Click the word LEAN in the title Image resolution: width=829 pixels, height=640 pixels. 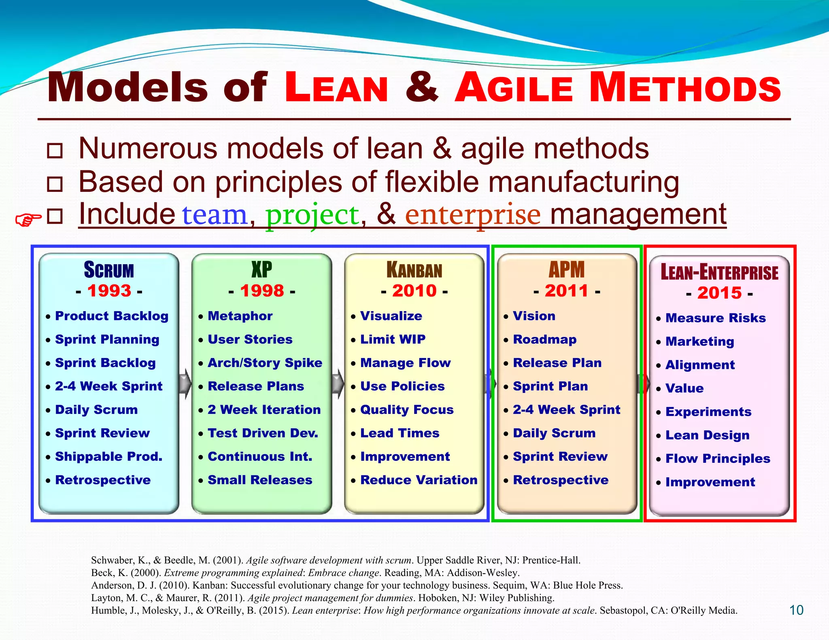[x=336, y=88]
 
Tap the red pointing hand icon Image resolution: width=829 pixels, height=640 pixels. [x=28, y=219]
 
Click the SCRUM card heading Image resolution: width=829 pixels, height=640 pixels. [x=109, y=270]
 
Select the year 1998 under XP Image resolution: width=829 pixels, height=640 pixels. [x=262, y=291]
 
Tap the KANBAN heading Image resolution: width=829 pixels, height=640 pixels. [x=414, y=270]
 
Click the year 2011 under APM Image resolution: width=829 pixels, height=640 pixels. [x=566, y=291]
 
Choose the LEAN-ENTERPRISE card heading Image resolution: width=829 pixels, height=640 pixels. [x=719, y=272]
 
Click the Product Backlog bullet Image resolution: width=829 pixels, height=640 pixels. [x=111, y=316]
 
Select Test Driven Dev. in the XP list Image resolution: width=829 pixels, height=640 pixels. [x=263, y=433]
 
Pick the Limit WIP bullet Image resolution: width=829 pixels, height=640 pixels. [x=393, y=339]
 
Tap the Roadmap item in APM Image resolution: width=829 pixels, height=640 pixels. [x=544, y=339]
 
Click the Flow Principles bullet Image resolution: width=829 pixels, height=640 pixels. [x=717, y=459]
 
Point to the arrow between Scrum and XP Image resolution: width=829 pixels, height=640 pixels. [x=185, y=383]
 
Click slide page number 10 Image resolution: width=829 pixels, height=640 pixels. [x=796, y=610]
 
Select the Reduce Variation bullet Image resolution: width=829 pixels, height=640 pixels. [x=419, y=480]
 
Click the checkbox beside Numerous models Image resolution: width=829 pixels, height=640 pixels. [x=55, y=151]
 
